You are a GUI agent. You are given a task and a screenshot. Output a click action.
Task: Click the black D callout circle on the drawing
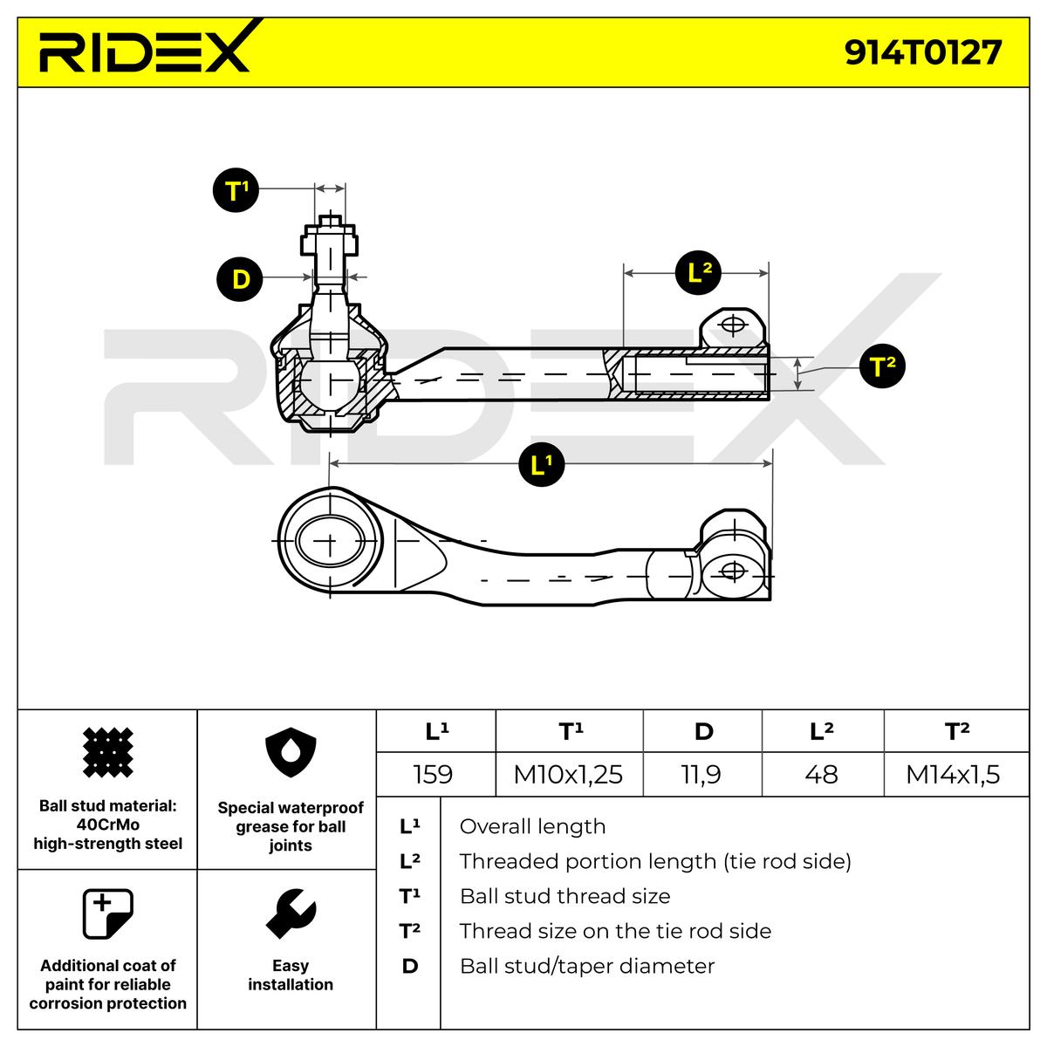coord(241,278)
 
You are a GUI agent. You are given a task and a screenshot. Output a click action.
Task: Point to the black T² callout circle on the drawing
coord(882,366)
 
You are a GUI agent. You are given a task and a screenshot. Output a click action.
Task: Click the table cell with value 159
coord(433,774)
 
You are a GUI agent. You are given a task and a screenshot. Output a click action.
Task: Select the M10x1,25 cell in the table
coord(568,774)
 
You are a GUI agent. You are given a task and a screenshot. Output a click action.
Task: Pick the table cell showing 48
coord(821,774)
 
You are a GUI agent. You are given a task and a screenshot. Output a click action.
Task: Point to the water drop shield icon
coord(290,756)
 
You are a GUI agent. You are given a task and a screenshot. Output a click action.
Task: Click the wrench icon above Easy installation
coord(290,914)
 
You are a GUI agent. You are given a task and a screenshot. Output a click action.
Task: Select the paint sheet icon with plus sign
coord(107,914)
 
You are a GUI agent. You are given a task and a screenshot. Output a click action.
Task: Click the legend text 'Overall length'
coord(532,826)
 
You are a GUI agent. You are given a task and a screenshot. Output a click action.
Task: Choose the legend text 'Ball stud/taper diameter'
coord(586,966)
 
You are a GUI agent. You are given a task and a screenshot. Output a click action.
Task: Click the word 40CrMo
coord(108,825)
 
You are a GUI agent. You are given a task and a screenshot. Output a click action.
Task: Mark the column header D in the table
coord(703,731)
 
